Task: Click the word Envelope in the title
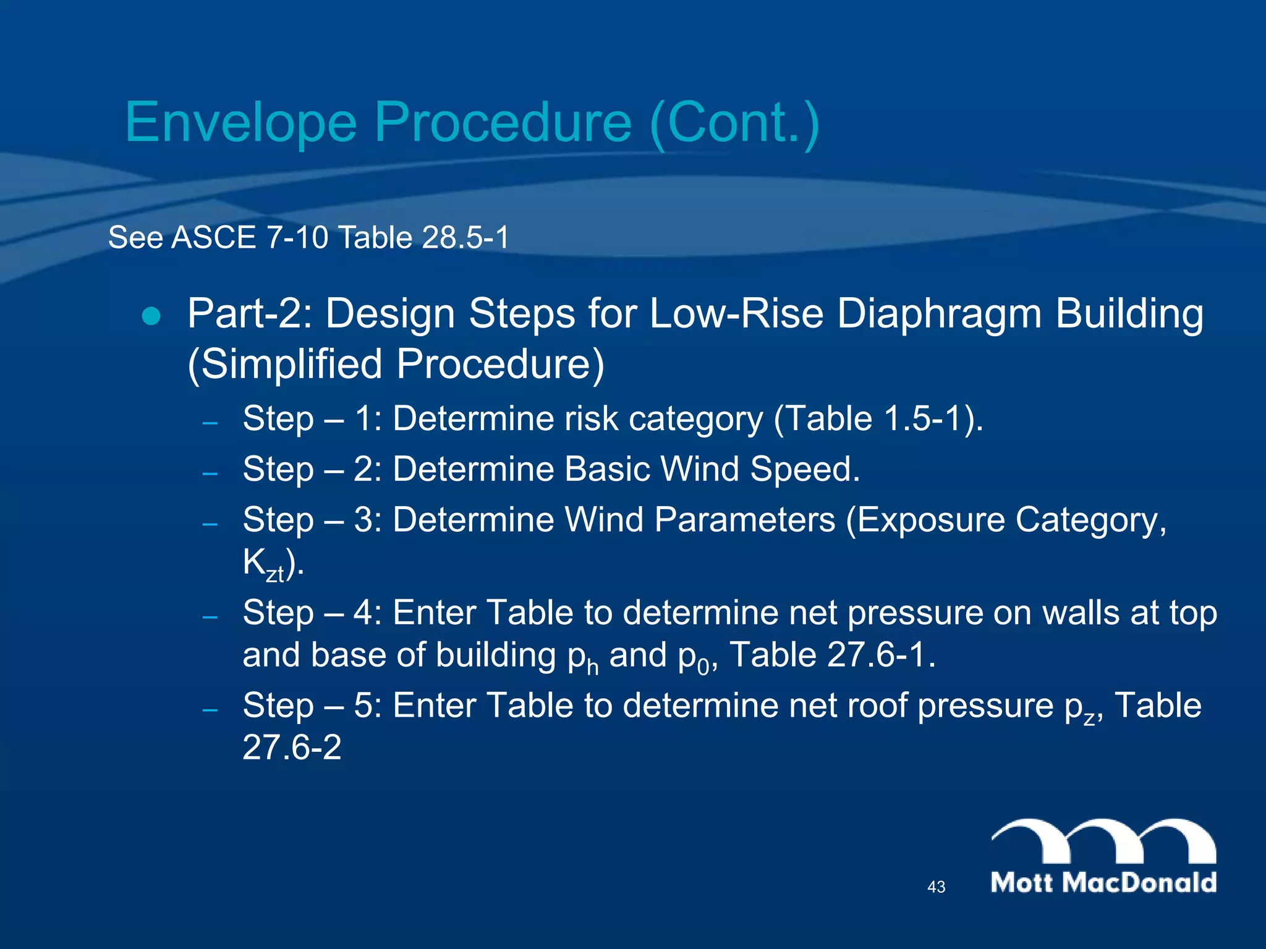tap(241, 122)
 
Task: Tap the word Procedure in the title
tap(503, 122)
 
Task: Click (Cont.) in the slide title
tap(735, 122)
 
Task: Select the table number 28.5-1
tap(465, 238)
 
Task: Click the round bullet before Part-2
tap(151, 316)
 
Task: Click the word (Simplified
tap(285, 365)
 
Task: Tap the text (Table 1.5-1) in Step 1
tap(877, 419)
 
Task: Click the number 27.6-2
tap(292, 748)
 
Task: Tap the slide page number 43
tap(936, 887)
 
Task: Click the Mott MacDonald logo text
tap(1103, 882)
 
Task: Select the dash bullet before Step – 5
tap(210, 710)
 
